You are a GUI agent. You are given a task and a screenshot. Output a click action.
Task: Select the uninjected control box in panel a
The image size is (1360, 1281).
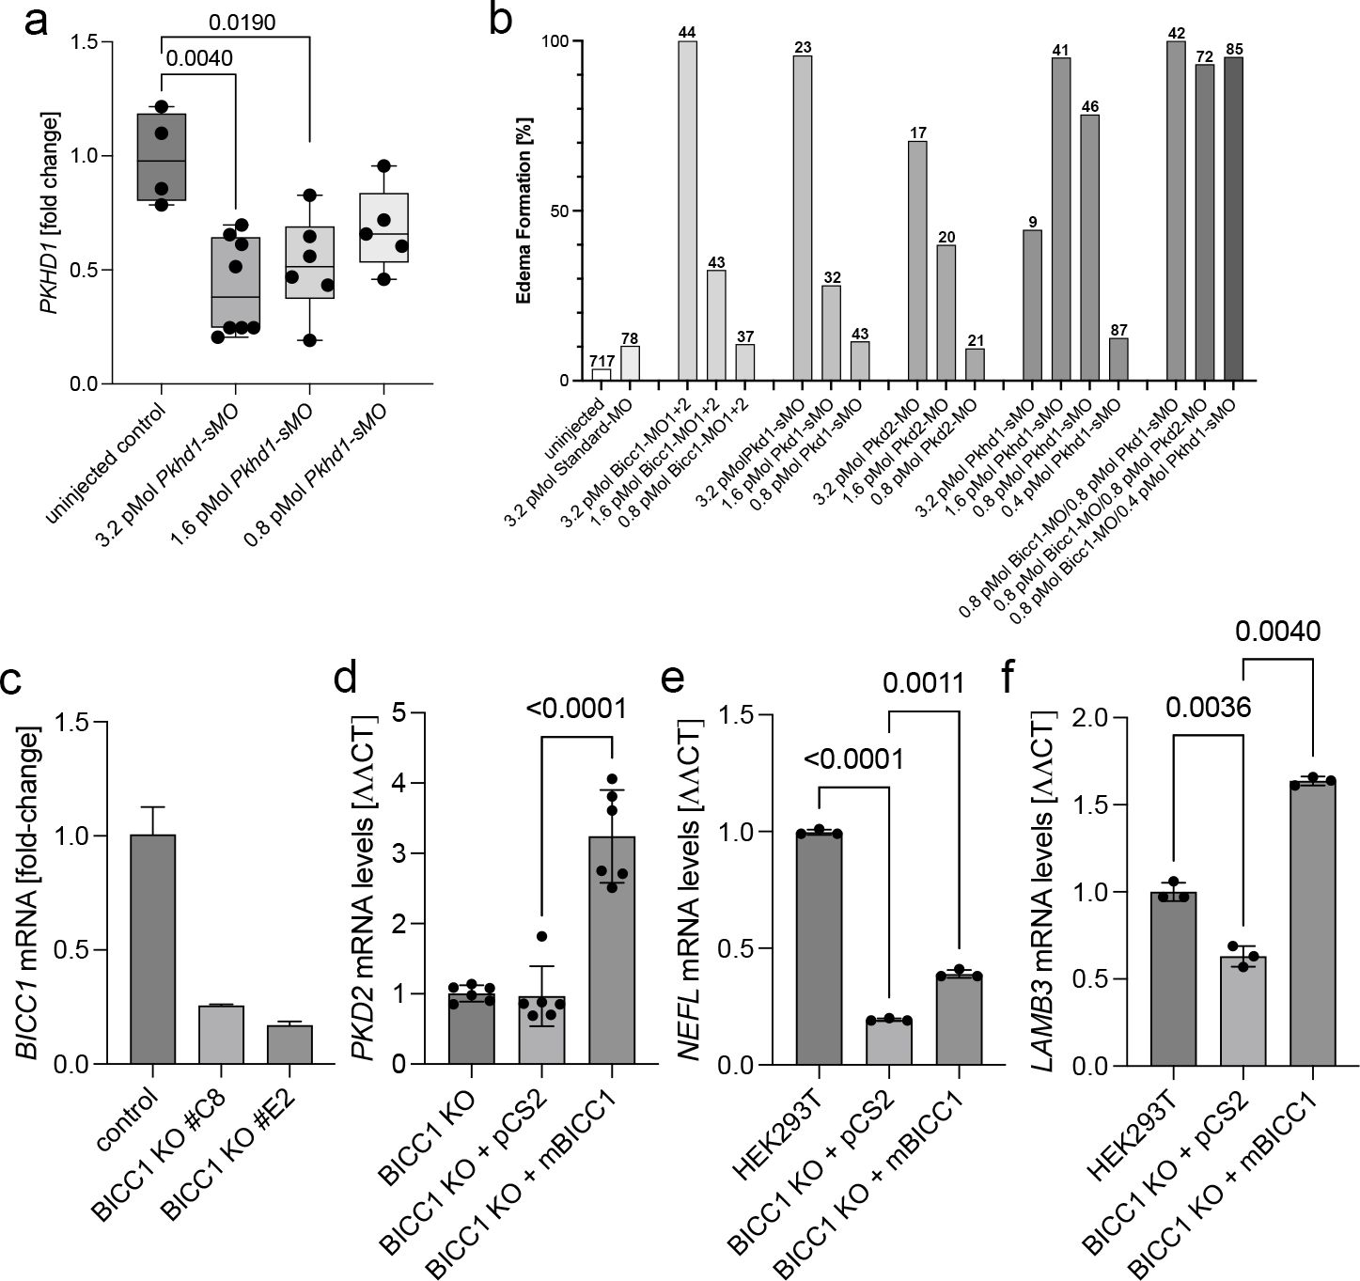(x=162, y=157)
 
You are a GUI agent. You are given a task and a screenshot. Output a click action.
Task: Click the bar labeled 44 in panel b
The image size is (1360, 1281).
(x=687, y=211)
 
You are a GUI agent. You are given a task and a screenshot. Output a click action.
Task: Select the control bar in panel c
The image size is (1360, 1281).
(x=152, y=949)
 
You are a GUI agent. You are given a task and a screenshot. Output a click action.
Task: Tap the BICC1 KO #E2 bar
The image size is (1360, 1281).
(x=289, y=1044)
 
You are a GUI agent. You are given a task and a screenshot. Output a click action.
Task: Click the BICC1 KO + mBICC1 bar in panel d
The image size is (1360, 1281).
(x=612, y=949)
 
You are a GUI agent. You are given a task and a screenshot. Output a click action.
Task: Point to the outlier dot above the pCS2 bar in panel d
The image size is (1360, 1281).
(x=541, y=936)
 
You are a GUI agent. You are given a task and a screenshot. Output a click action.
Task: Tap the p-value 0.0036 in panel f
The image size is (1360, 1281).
(x=1209, y=707)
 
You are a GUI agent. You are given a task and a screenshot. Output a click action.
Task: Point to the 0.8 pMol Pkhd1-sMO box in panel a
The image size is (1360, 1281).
(x=383, y=227)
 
